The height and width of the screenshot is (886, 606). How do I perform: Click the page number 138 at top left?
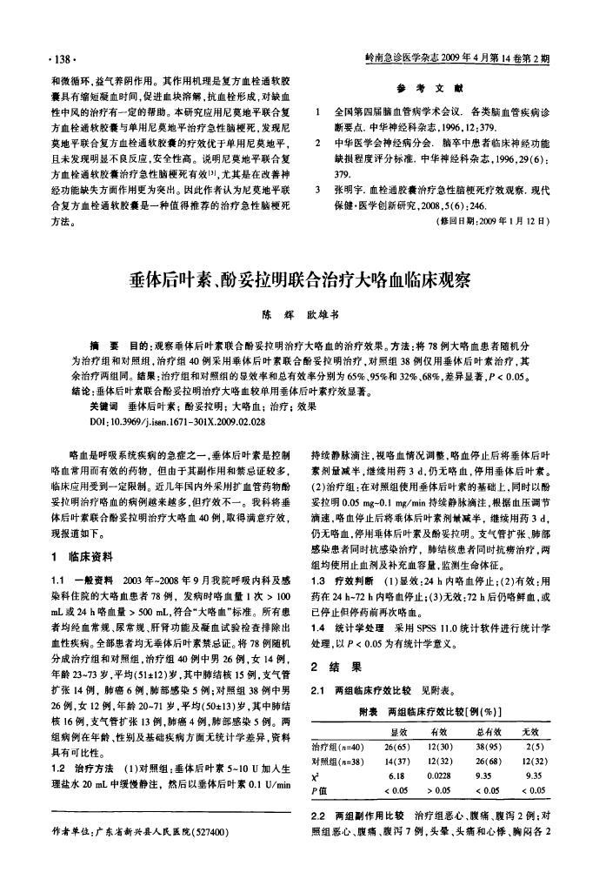point(66,60)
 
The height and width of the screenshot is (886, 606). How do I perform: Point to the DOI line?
point(175,419)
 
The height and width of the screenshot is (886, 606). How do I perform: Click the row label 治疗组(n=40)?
point(336,747)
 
